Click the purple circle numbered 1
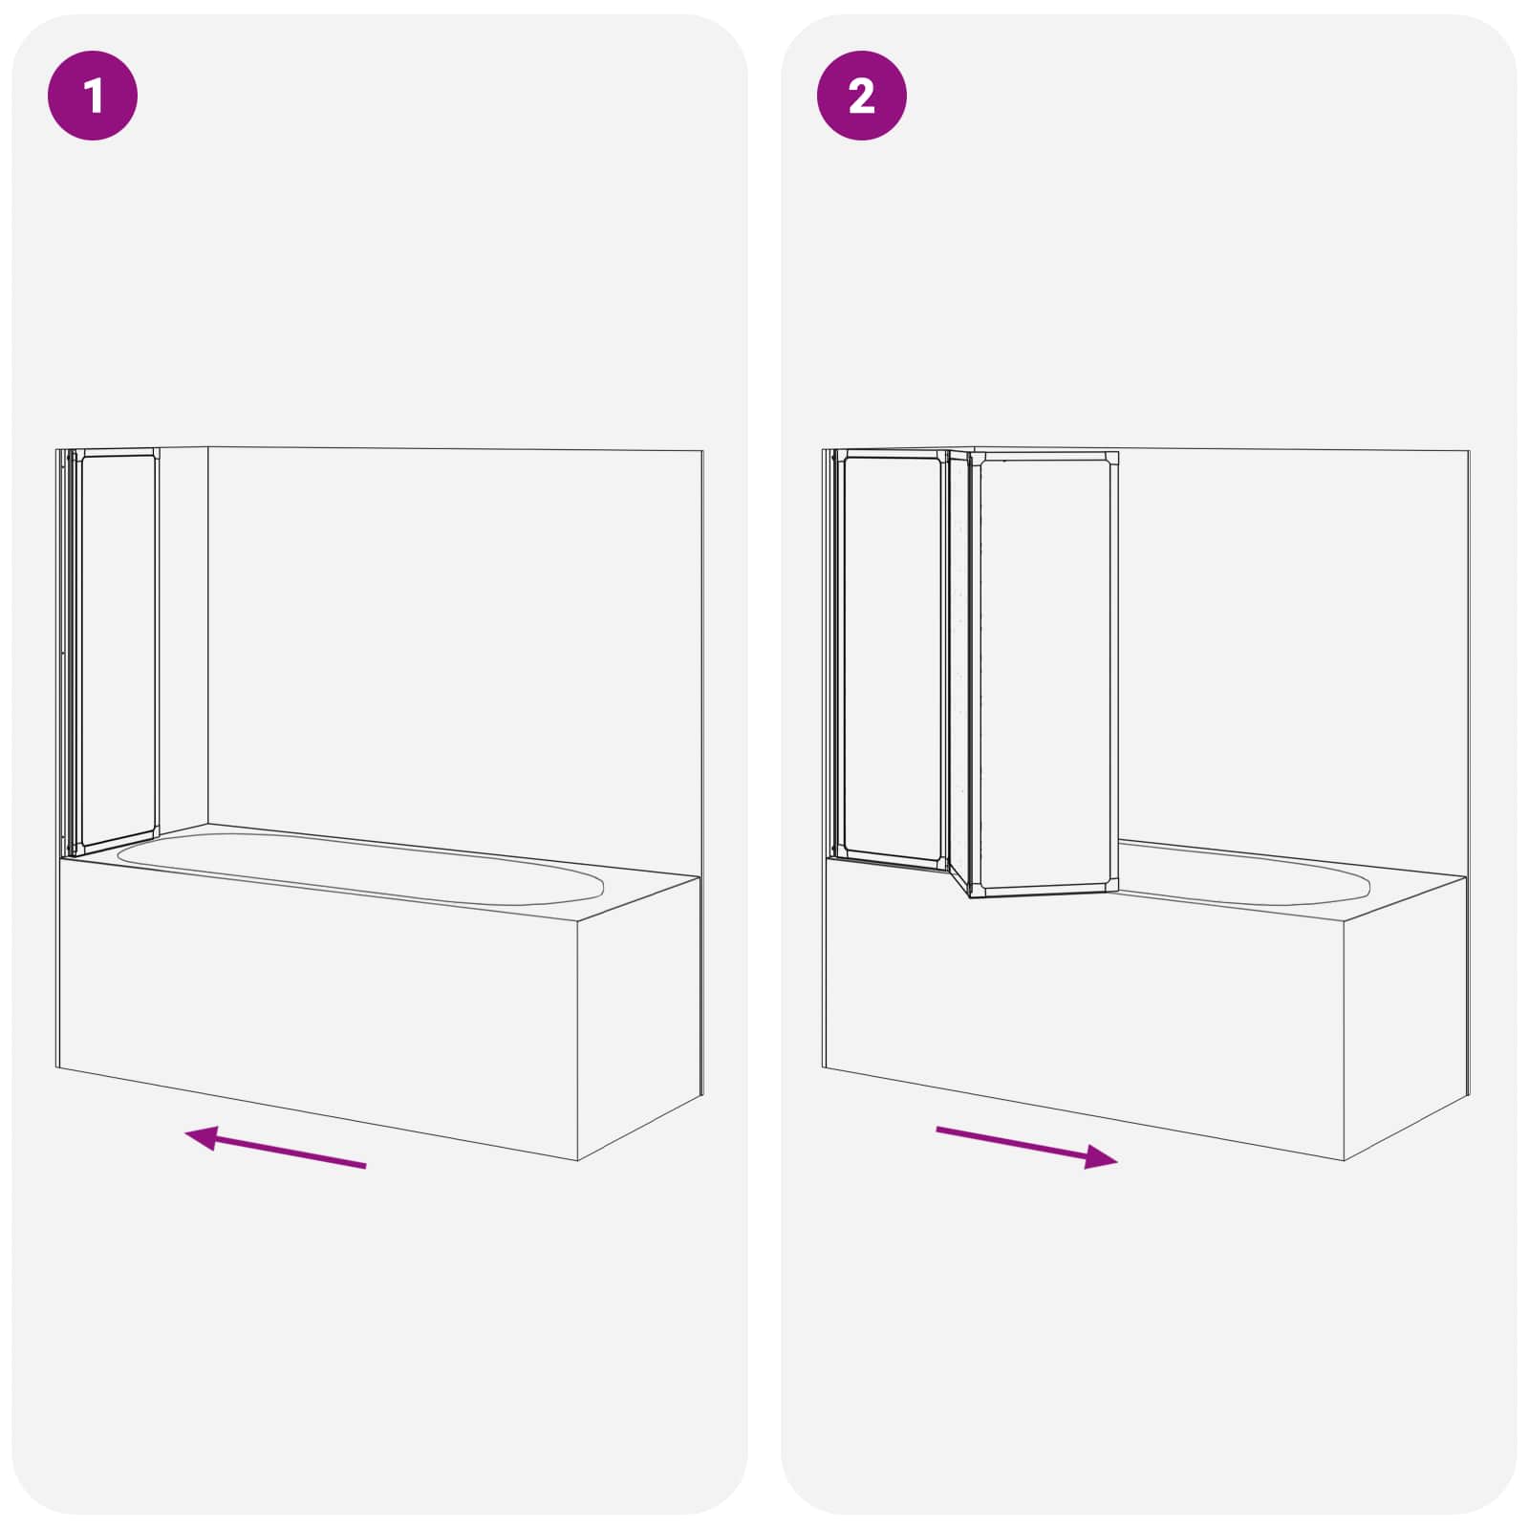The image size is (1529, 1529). coord(93,96)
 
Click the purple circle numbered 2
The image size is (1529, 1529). coord(861,96)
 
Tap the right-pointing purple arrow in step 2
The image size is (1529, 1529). coord(1026,1145)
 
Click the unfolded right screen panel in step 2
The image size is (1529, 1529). coord(1045,674)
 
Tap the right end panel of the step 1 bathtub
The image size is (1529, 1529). coord(638,1013)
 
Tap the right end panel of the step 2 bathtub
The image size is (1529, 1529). coord(1405,1013)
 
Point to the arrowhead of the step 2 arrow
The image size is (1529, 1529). coord(1101,1157)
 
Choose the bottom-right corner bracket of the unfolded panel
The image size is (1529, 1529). coord(1109,884)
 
